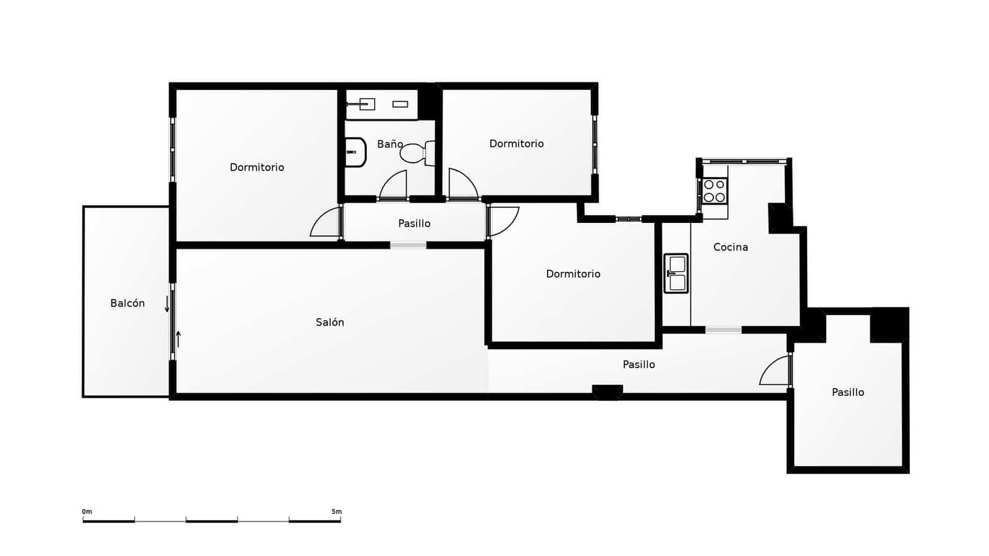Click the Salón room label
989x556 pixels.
(x=329, y=322)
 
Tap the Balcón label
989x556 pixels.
(x=127, y=303)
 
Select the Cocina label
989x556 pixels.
(x=731, y=247)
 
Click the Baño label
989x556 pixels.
(x=390, y=144)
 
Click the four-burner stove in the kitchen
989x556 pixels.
(x=715, y=190)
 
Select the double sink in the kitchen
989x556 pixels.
(x=676, y=273)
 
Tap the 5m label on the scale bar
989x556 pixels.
(x=336, y=512)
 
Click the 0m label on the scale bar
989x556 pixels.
(x=87, y=512)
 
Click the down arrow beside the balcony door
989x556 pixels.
(x=167, y=304)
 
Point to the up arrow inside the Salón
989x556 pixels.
(x=179, y=339)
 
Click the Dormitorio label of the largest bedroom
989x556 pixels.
(x=257, y=167)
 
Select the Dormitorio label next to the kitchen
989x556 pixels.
(x=573, y=274)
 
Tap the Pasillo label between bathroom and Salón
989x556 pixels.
(x=414, y=224)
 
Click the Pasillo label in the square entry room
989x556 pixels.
(x=847, y=392)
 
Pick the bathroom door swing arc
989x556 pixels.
(x=394, y=185)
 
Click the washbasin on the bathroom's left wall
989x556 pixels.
(x=355, y=152)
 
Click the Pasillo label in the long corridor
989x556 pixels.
(x=639, y=364)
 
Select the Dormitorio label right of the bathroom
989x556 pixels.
(x=516, y=144)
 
